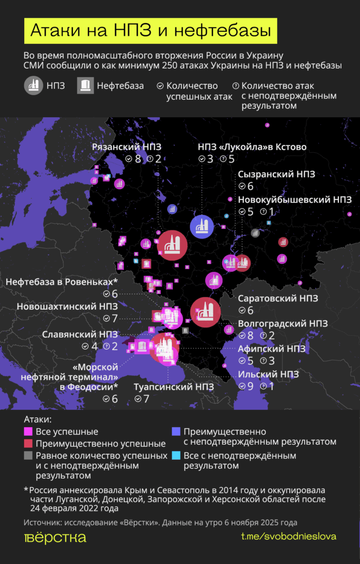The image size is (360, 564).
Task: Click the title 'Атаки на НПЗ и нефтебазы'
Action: tap(150, 31)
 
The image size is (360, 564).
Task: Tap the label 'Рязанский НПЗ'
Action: tap(127, 147)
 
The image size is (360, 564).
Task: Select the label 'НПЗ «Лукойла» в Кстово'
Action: tap(252, 147)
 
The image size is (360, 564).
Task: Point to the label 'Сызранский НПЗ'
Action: tap(277, 174)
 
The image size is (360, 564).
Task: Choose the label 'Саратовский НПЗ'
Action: tap(278, 298)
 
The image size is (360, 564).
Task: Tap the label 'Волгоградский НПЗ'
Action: tap(283, 323)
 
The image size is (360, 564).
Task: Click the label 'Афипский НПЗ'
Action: tap(272, 349)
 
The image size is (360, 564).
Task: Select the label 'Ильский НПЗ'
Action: tap(268, 374)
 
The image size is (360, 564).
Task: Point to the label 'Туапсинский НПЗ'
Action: tap(167, 386)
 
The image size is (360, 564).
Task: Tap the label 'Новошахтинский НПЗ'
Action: tap(67, 306)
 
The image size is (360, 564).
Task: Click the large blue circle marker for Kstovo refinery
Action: tap(202, 227)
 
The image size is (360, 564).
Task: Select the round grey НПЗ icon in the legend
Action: tap(33, 86)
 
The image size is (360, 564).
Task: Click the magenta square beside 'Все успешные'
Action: tap(29, 432)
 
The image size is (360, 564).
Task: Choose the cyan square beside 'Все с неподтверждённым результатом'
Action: tap(176, 456)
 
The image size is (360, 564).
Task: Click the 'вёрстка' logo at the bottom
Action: tap(55, 538)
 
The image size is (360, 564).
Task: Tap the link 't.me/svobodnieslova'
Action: tap(289, 536)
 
